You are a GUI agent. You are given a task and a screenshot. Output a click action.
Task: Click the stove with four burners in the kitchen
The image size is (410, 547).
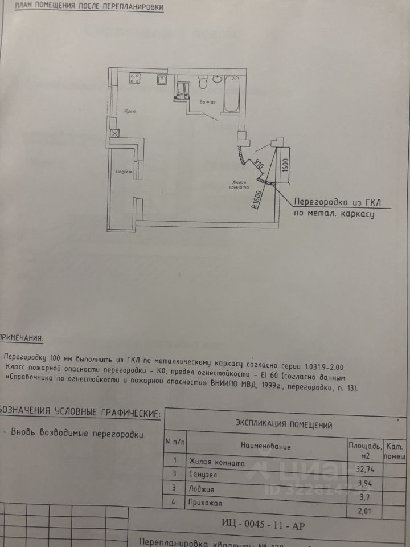(x=135, y=77)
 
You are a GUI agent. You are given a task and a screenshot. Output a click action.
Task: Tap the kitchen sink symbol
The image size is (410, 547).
(x=162, y=79)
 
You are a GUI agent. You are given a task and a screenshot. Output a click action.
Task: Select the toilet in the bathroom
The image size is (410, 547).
(x=202, y=83)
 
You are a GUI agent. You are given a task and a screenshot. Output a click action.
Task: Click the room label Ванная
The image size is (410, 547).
(x=207, y=103)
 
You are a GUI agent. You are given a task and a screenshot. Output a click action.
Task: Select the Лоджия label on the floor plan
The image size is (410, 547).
(x=124, y=171)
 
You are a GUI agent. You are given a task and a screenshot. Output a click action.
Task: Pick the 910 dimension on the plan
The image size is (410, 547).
(x=257, y=166)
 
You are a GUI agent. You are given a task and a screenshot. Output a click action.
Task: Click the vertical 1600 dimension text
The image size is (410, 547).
(x=286, y=165)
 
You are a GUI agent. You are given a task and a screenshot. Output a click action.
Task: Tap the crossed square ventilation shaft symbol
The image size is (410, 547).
(x=115, y=133)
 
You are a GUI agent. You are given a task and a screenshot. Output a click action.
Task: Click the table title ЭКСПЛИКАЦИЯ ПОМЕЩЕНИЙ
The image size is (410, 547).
(x=284, y=424)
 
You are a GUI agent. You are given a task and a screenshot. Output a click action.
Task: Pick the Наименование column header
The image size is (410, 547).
(x=265, y=446)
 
